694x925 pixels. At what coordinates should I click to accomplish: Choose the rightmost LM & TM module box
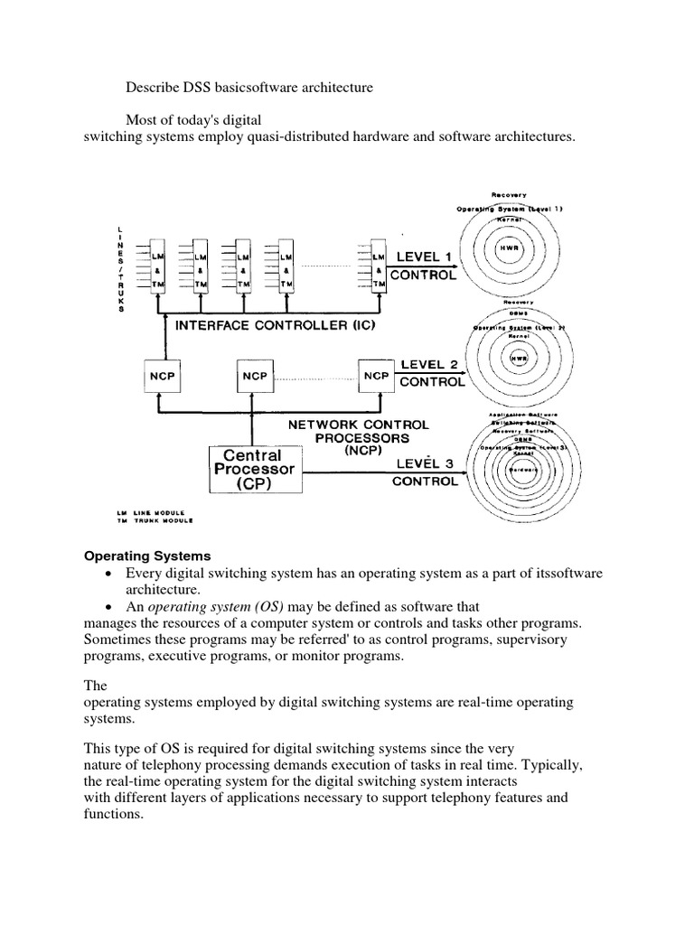click(x=378, y=268)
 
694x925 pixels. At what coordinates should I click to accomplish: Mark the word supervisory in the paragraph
click(x=531, y=640)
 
